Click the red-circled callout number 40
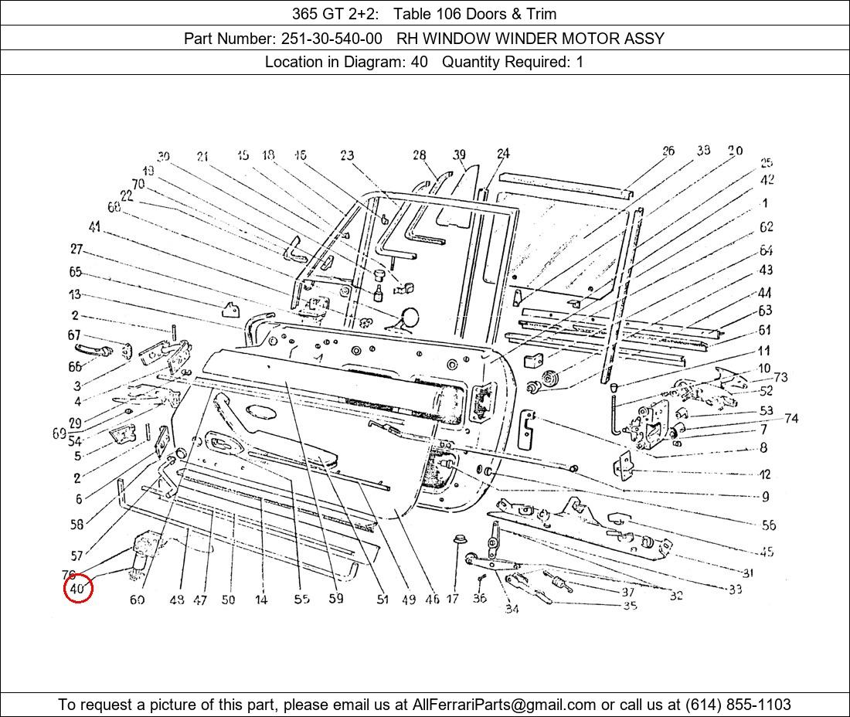77,590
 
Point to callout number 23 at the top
346,156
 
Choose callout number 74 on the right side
790,419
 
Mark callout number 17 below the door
452,599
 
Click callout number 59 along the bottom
335,599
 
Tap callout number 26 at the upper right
668,151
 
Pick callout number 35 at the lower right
630,606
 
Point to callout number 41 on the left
94,226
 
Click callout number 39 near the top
460,155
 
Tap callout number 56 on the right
768,525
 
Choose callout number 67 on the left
74,335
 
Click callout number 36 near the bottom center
479,599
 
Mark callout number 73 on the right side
780,377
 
